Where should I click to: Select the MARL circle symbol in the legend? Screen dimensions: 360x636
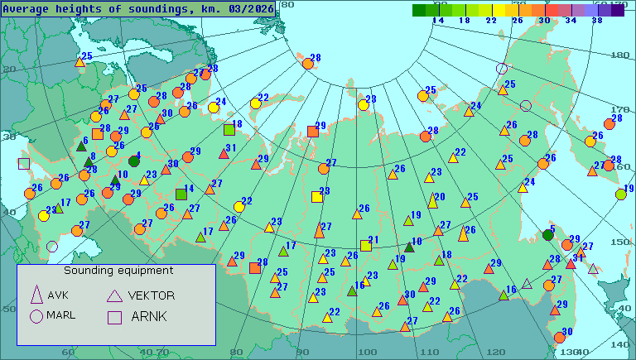point(36,315)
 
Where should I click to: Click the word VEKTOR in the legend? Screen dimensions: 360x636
point(152,295)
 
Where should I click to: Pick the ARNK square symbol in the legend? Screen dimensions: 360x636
point(114,315)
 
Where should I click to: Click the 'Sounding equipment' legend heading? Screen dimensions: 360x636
point(118,271)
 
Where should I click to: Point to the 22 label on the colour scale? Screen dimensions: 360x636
point(491,20)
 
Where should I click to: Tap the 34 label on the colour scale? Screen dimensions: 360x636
point(571,20)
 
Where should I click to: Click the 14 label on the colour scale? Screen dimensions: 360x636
point(438,20)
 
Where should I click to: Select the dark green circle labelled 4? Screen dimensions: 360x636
point(133,161)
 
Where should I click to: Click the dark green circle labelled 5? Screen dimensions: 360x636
point(547,235)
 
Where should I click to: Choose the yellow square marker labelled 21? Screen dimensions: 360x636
point(365,246)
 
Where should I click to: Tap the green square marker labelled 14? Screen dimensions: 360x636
point(181,194)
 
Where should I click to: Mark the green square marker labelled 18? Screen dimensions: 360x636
point(229,129)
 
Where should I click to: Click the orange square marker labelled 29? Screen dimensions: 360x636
point(312,131)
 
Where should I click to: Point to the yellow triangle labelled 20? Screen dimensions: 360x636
point(432,201)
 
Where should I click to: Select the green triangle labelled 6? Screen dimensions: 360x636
point(81,146)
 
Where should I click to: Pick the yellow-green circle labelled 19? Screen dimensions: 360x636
point(621,194)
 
